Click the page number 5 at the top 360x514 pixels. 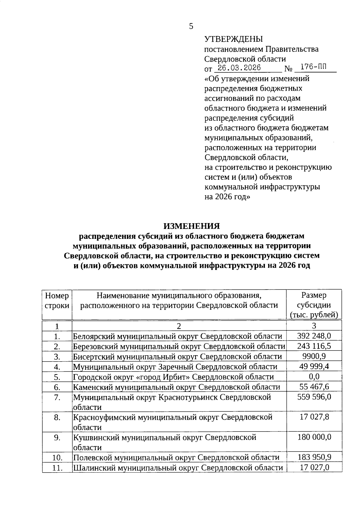pos(191,26)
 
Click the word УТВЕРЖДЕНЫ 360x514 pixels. pos(233,39)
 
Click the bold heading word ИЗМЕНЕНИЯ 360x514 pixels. pos(191,226)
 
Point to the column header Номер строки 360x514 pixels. pos(57,301)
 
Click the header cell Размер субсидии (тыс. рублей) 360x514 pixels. pos(314,305)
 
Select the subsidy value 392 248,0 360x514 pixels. pos(314,336)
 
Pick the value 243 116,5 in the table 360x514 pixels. pos(314,346)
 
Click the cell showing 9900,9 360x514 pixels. pos(314,356)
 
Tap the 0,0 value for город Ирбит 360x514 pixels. pos(314,377)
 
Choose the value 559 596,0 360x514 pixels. pos(314,397)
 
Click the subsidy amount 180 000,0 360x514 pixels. pos(314,437)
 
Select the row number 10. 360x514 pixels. pos(57,458)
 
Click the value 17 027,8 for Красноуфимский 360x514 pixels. pos(314,417)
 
